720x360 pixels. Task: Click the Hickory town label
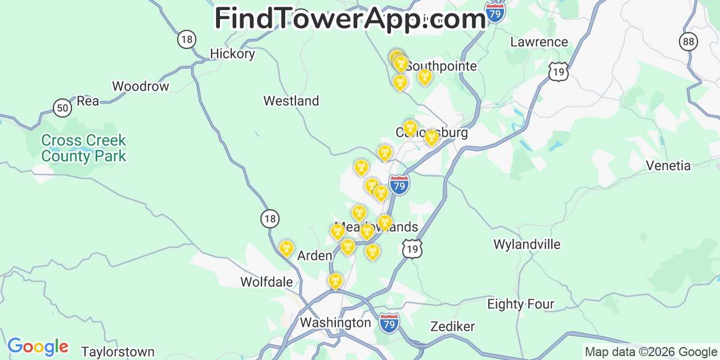pyautogui.click(x=232, y=54)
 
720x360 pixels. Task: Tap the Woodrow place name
pyautogui.click(x=141, y=87)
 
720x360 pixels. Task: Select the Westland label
pyautogui.click(x=291, y=101)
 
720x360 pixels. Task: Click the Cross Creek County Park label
pyautogui.click(x=84, y=148)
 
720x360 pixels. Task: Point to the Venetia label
pyautogui.click(x=668, y=166)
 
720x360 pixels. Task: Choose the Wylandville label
pyautogui.click(x=527, y=245)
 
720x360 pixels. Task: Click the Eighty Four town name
pyautogui.click(x=521, y=304)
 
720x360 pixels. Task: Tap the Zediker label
pyautogui.click(x=453, y=327)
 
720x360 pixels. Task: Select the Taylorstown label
pyautogui.click(x=118, y=353)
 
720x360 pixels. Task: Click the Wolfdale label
pyautogui.click(x=267, y=282)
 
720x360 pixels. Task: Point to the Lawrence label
pyautogui.click(x=539, y=42)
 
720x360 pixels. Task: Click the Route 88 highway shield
pyautogui.click(x=688, y=41)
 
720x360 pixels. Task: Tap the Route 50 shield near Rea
pyautogui.click(x=62, y=107)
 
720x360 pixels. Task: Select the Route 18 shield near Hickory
pyautogui.click(x=187, y=39)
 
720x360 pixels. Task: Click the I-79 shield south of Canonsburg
pyautogui.click(x=399, y=184)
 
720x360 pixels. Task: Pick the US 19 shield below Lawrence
pyautogui.click(x=558, y=71)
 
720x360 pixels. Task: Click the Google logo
pyautogui.click(x=38, y=346)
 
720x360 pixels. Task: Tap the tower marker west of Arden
pyautogui.click(x=286, y=248)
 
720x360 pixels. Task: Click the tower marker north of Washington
pyautogui.click(x=335, y=281)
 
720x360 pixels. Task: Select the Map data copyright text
pyautogui.click(x=651, y=352)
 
